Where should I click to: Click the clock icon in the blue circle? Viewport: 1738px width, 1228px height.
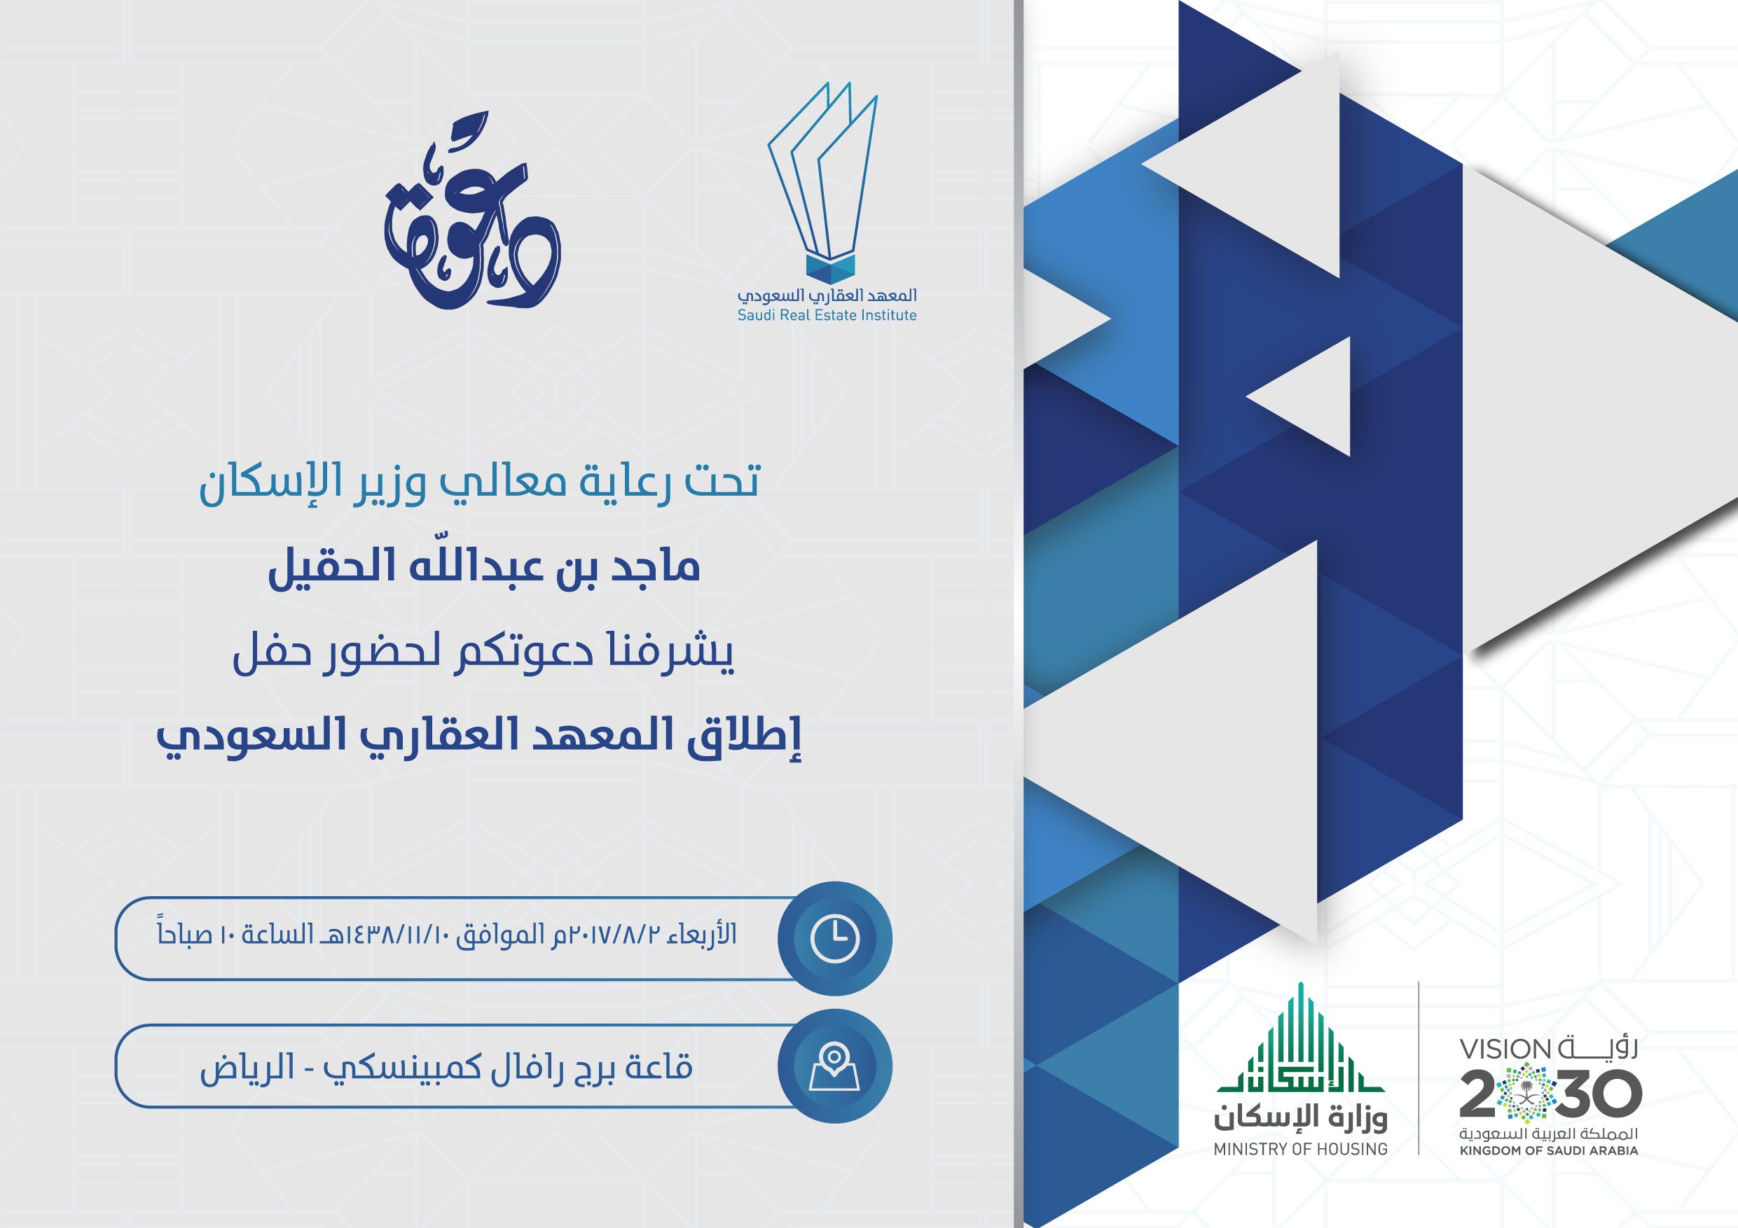click(x=835, y=938)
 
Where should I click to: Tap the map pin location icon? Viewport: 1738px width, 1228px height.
click(x=834, y=1066)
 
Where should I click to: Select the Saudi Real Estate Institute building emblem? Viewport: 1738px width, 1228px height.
click(x=824, y=182)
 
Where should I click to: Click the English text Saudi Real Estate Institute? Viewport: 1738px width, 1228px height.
click(x=827, y=316)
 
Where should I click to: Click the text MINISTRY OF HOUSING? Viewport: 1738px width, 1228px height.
click(x=1300, y=1149)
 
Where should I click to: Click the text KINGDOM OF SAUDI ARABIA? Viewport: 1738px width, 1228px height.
click(x=1549, y=1151)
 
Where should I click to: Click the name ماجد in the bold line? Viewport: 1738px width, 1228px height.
click(x=655, y=566)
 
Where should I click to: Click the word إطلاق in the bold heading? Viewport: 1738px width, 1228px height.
click(x=744, y=735)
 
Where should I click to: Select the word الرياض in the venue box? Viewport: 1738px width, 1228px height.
click(x=247, y=1068)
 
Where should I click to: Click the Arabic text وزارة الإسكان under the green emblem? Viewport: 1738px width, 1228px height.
click(x=1300, y=1116)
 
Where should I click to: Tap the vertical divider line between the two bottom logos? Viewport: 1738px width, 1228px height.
click(x=1419, y=1068)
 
